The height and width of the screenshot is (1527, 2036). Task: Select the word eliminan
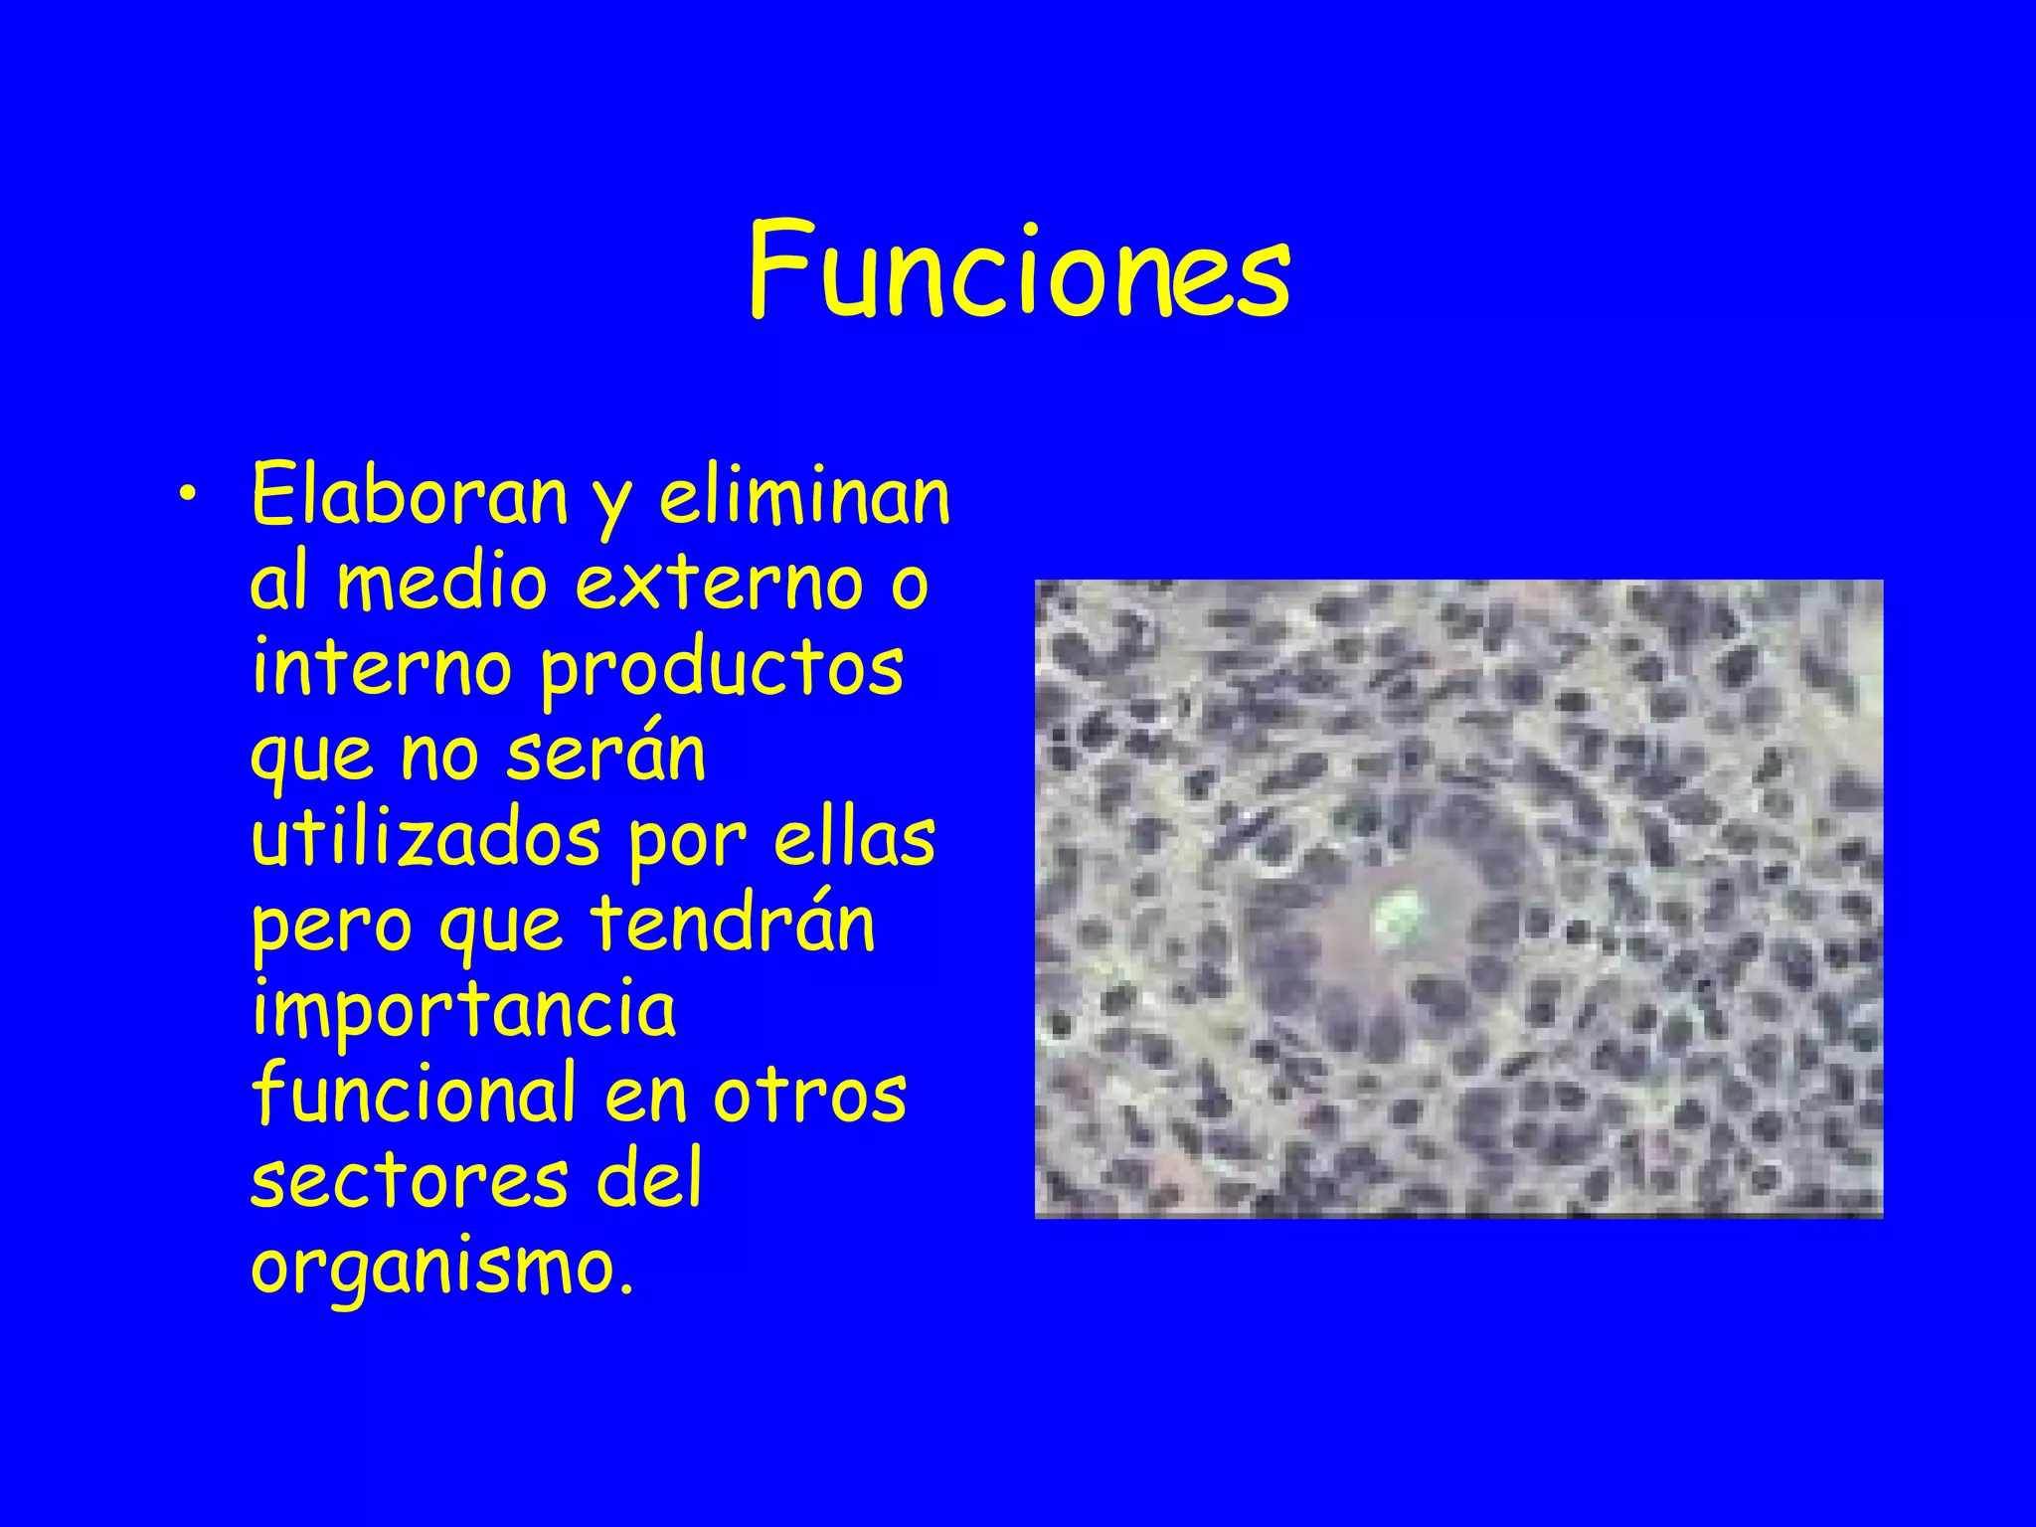coord(804,495)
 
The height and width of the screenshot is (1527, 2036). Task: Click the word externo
coord(720,584)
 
